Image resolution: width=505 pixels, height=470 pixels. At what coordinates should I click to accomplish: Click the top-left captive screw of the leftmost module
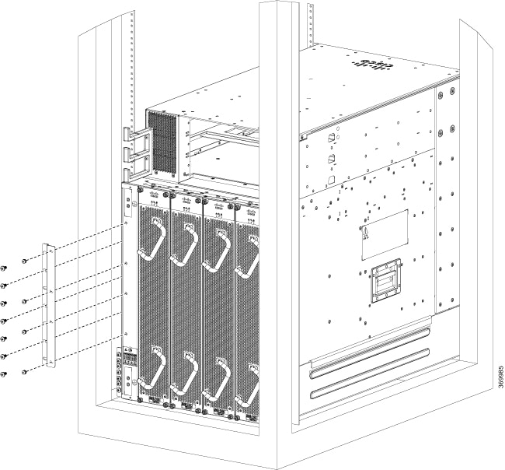click(140, 189)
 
